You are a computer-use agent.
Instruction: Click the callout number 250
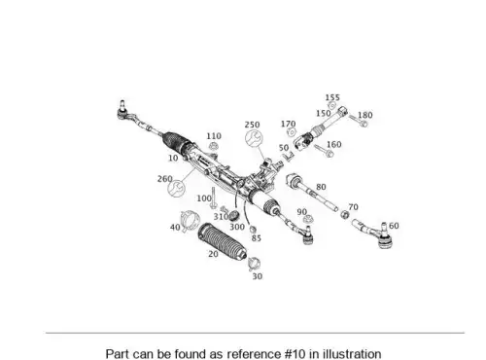coord(252,125)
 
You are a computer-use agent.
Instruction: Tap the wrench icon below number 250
coord(254,138)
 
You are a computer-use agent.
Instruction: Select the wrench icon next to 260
coord(176,189)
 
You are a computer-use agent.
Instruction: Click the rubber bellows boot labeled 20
coord(223,241)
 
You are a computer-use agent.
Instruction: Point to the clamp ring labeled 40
coord(190,221)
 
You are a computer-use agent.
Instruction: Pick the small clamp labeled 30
coord(254,264)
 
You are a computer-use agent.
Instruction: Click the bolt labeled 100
coord(213,198)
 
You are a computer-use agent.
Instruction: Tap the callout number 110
coord(214,136)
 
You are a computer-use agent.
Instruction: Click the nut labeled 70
coord(345,214)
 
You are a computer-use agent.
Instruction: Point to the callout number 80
coord(321,187)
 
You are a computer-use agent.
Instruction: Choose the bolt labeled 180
coord(358,121)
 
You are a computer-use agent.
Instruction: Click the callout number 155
coord(332,97)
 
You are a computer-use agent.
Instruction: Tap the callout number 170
coord(288,124)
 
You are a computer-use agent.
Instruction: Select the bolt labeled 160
coord(324,151)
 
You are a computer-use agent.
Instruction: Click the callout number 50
coord(284,148)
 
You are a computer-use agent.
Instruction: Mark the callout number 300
coord(237,227)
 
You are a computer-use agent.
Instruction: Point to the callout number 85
coord(257,238)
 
